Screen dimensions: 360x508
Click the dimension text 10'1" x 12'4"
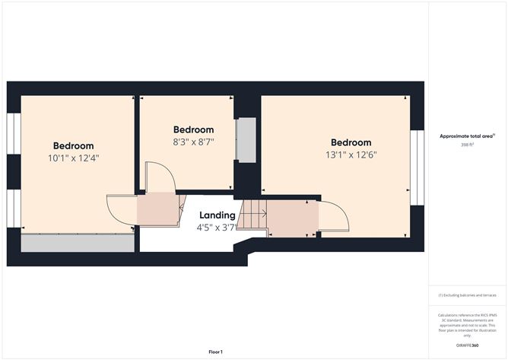74,158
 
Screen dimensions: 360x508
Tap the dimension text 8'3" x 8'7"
193,142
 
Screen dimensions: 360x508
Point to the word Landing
217,215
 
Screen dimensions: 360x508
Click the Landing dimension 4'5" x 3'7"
217,227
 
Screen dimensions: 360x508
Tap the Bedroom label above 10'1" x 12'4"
74,146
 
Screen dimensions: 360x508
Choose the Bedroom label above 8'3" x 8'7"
193,129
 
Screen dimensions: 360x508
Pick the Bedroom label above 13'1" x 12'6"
351,142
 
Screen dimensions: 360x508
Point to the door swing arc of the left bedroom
122,211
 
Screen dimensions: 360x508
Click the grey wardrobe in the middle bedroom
246,139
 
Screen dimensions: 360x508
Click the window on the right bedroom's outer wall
416,167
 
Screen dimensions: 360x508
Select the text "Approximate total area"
466,136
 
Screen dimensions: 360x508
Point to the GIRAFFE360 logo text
467,345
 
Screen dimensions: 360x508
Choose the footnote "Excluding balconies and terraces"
468,295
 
